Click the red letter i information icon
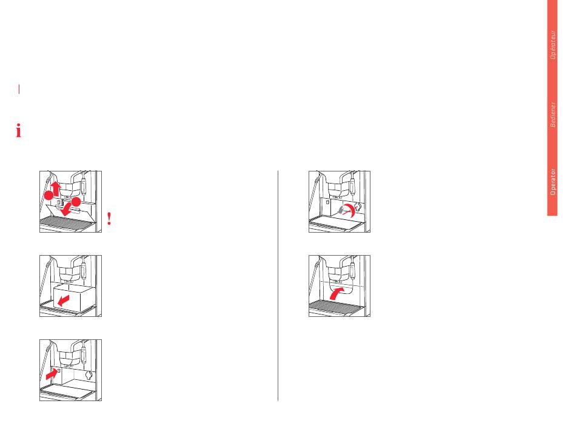pos(18,131)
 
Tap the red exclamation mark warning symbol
pos(109,219)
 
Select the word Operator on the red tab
pos(552,182)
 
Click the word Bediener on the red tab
pos(552,115)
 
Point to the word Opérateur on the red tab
pos(552,45)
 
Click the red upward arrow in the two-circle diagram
pos(55,188)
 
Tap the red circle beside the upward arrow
pos(49,195)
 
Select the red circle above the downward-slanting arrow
pos(76,202)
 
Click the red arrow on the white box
pos(64,301)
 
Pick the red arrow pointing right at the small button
pos(52,374)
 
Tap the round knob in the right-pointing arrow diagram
pos(89,374)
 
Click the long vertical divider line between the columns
pos(278,285)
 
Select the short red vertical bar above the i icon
pos(19,89)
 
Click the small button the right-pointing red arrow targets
pos(59,370)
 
